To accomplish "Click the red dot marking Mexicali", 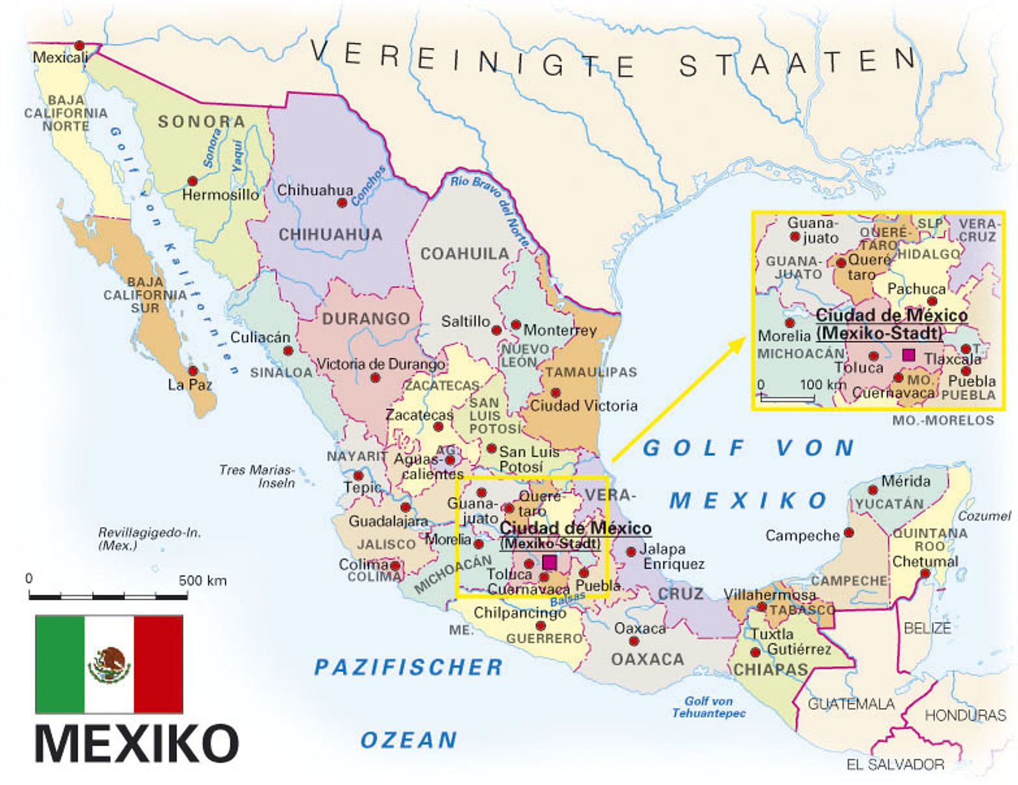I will [x=79, y=45].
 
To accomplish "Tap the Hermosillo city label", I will [x=220, y=194].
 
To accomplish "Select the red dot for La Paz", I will [x=193, y=371].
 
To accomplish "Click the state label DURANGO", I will [x=366, y=318].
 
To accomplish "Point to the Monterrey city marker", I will [x=515, y=325].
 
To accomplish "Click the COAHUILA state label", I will [x=464, y=254].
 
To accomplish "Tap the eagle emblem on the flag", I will [x=109, y=664].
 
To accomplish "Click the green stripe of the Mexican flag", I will [x=60, y=664].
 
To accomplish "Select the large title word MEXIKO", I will [x=137, y=743].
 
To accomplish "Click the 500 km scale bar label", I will [x=202, y=580].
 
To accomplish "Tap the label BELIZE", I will [x=927, y=628].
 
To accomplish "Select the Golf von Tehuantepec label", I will [x=709, y=707].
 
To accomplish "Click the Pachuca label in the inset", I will [x=916, y=289].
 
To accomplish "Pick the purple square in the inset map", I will [x=909, y=355].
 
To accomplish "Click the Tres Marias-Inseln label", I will [x=256, y=476].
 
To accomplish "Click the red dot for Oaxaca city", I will [x=634, y=641].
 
